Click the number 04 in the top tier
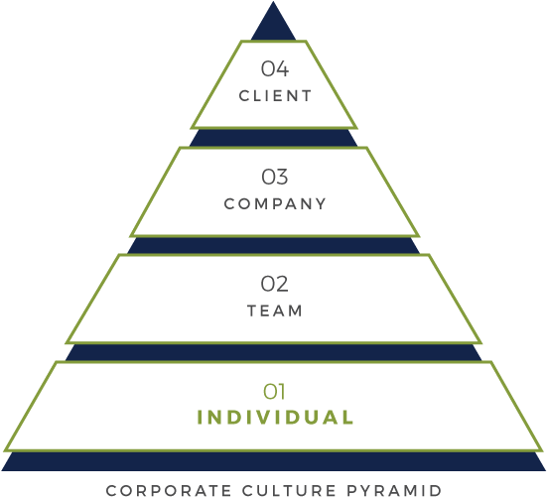coord(275,68)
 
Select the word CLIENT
coord(275,96)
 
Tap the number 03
coord(275,177)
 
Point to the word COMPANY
coord(275,204)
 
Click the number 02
coord(275,284)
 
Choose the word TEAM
coord(275,311)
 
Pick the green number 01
coord(274,392)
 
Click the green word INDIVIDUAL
coord(276,418)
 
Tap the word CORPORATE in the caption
coord(169,490)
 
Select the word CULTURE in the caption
coord(289,490)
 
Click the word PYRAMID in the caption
coord(394,490)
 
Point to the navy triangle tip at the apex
coord(274,2)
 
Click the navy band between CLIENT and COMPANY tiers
coord(274,138)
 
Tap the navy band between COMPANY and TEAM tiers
coord(274,245)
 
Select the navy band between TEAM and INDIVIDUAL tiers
coord(274,353)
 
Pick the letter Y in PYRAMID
coord(367,490)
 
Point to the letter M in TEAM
coord(296,311)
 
